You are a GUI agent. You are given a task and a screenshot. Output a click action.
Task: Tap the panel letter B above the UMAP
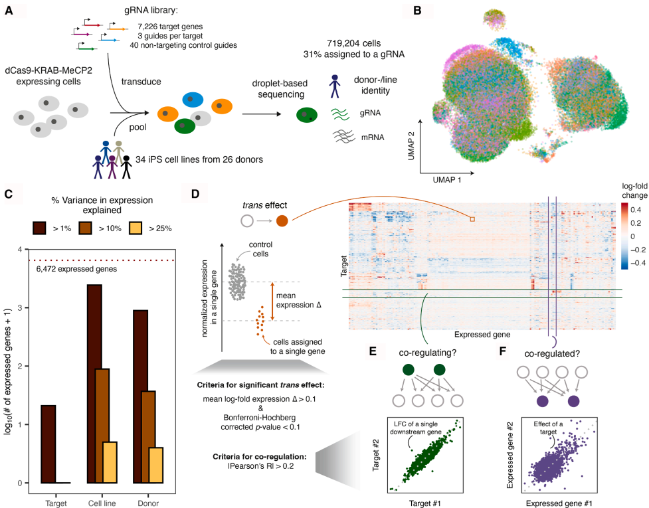point(417,11)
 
